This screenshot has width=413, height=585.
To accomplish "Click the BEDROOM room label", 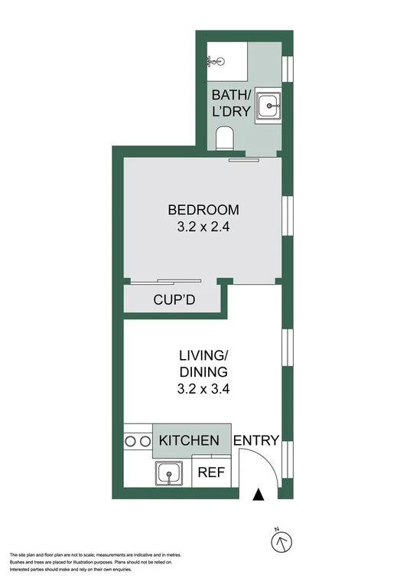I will click(203, 210).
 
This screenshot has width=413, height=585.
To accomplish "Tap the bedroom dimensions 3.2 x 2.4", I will click(203, 227).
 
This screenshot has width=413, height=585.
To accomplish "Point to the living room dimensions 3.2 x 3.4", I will click(204, 388).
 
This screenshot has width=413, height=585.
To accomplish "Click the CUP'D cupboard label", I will click(175, 299).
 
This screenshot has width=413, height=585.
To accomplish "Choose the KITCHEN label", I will click(189, 441).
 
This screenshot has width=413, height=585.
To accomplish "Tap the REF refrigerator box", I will click(211, 473).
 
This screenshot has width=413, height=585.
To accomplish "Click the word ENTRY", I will click(255, 440).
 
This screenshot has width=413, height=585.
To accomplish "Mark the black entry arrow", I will click(259, 495).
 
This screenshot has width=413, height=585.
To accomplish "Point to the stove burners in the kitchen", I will click(136, 441).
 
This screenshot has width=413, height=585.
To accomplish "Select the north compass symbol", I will click(281, 541).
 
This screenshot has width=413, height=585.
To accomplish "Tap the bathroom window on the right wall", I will click(288, 67).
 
